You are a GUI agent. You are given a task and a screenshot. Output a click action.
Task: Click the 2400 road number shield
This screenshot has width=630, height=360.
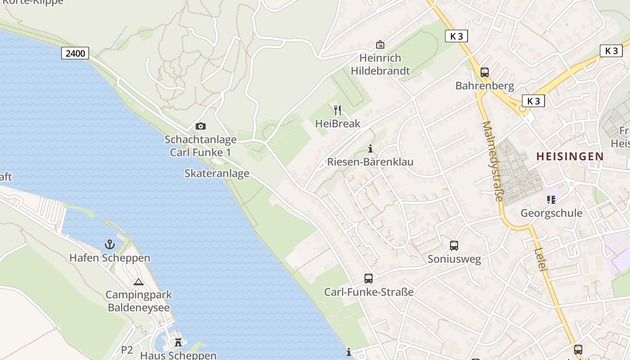click(75, 54)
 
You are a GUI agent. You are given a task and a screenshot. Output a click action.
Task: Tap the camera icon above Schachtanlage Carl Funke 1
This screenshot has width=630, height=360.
click(201, 126)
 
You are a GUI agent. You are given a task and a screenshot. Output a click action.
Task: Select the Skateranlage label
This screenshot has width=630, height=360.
click(217, 173)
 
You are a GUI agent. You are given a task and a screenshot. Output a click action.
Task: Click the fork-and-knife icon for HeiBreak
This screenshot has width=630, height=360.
click(337, 110)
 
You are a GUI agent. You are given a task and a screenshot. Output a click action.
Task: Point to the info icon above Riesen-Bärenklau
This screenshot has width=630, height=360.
click(370, 148)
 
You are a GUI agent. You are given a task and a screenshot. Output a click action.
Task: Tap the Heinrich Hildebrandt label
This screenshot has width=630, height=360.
click(380, 64)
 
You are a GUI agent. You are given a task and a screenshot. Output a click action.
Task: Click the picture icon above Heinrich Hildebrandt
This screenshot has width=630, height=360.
click(380, 44)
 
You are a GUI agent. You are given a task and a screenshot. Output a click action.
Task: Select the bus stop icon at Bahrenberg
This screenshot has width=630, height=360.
click(485, 72)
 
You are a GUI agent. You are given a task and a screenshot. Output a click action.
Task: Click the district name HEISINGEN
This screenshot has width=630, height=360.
click(570, 156)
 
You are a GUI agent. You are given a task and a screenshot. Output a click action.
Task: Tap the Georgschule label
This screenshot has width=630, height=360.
click(551, 213)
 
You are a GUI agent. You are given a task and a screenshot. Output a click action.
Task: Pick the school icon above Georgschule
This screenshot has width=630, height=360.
click(551, 199)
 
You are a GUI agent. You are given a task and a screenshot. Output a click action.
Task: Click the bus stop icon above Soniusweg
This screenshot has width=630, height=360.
click(454, 246)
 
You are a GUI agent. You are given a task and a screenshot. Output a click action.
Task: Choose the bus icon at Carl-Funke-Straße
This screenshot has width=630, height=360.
click(369, 279)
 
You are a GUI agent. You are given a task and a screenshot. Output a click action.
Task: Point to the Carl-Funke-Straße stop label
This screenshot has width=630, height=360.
click(369, 292)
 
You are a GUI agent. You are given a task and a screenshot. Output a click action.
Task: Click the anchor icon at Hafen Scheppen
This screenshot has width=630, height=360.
click(110, 244)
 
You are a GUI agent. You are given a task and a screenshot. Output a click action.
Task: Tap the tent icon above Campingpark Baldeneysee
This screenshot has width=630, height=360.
click(138, 282)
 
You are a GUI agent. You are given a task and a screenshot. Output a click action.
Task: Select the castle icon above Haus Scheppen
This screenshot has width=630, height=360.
click(178, 342)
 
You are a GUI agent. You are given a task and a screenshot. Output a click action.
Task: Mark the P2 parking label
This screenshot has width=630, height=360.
click(127, 350)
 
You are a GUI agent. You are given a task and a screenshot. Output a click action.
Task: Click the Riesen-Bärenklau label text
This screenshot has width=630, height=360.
click(370, 162)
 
